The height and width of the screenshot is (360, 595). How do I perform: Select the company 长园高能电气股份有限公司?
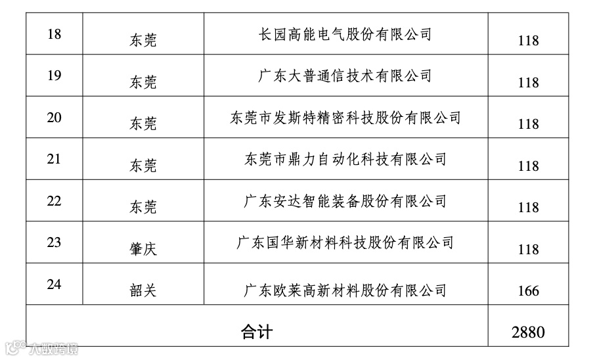pyautogui.click(x=345, y=34)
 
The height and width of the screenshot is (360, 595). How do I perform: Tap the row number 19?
pyautogui.click(x=55, y=76)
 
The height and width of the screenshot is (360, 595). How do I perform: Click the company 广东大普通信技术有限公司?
pyautogui.click(x=345, y=76)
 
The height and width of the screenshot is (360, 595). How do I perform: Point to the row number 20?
pyautogui.click(x=55, y=118)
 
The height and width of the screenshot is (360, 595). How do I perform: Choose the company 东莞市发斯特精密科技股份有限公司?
pyautogui.click(x=345, y=118)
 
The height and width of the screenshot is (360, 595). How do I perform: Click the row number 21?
pyautogui.click(x=55, y=159)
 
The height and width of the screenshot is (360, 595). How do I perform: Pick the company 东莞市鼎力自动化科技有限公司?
pyautogui.click(x=345, y=159)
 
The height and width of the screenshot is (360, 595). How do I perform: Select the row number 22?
pyautogui.click(x=55, y=201)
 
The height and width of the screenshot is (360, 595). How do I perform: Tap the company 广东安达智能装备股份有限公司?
pyautogui.click(x=345, y=201)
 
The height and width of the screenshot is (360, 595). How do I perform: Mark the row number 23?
pyautogui.click(x=55, y=242)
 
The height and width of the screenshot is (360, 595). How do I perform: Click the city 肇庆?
pyautogui.click(x=143, y=250)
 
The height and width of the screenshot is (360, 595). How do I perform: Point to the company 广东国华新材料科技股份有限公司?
pyautogui.click(x=345, y=243)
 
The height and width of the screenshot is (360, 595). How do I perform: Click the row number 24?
pyautogui.click(x=55, y=284)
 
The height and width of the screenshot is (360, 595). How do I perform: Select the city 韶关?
pyautogui.click(x=143, y=290)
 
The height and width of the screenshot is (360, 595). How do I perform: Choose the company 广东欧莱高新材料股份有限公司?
pyautogui.click(x=345, y=290)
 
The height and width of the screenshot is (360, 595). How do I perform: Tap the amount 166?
pyautogui.click(x=528, y=291)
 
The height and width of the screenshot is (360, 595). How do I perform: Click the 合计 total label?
pyautogui.click(x=256, y=331)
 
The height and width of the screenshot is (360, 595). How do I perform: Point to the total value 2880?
pyautogui.click(x=528, y=332)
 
